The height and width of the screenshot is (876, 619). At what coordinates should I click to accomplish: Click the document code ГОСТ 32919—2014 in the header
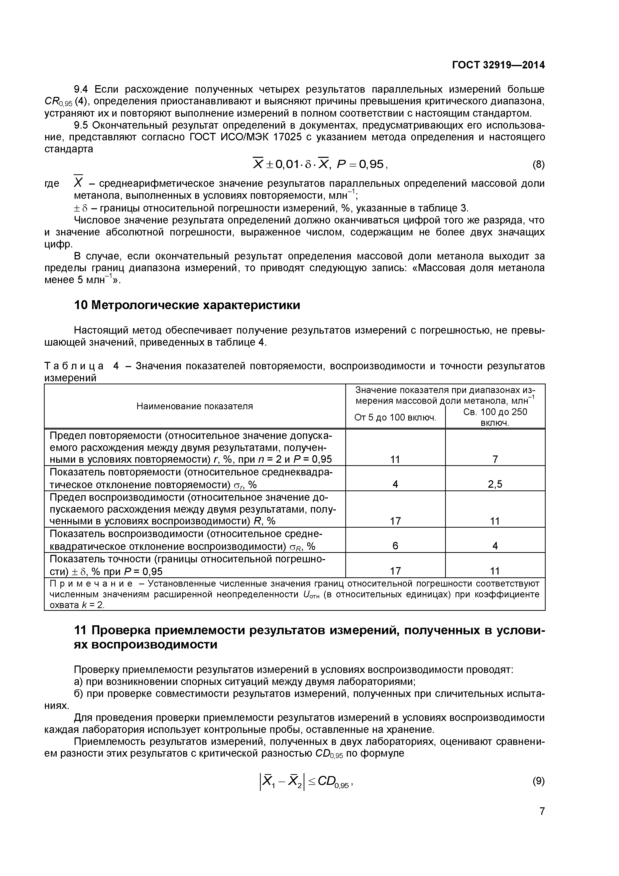click(498, 65)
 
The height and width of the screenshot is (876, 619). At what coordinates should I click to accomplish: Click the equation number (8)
click(538, 165)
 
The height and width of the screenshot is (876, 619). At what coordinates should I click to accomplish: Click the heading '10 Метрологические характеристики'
click(187, 305)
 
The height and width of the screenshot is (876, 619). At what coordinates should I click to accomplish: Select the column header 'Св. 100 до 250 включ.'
click(495, 417)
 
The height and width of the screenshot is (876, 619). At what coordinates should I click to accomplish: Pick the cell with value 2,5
click(495, 484)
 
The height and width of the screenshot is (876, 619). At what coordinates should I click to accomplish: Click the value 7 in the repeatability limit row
click(495, 459)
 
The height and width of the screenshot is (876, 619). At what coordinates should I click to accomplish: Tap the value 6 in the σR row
click(395, 546)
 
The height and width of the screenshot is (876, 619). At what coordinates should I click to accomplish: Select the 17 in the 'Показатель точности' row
click(395, 571)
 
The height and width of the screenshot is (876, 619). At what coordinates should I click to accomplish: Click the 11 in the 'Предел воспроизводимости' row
click(495, 521)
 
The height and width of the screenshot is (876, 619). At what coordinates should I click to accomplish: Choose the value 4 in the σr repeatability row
click(395, 484)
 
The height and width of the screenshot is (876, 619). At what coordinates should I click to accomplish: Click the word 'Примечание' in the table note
click(92, 584)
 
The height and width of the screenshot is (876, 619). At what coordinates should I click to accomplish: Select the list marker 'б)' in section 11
click(79, 694)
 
